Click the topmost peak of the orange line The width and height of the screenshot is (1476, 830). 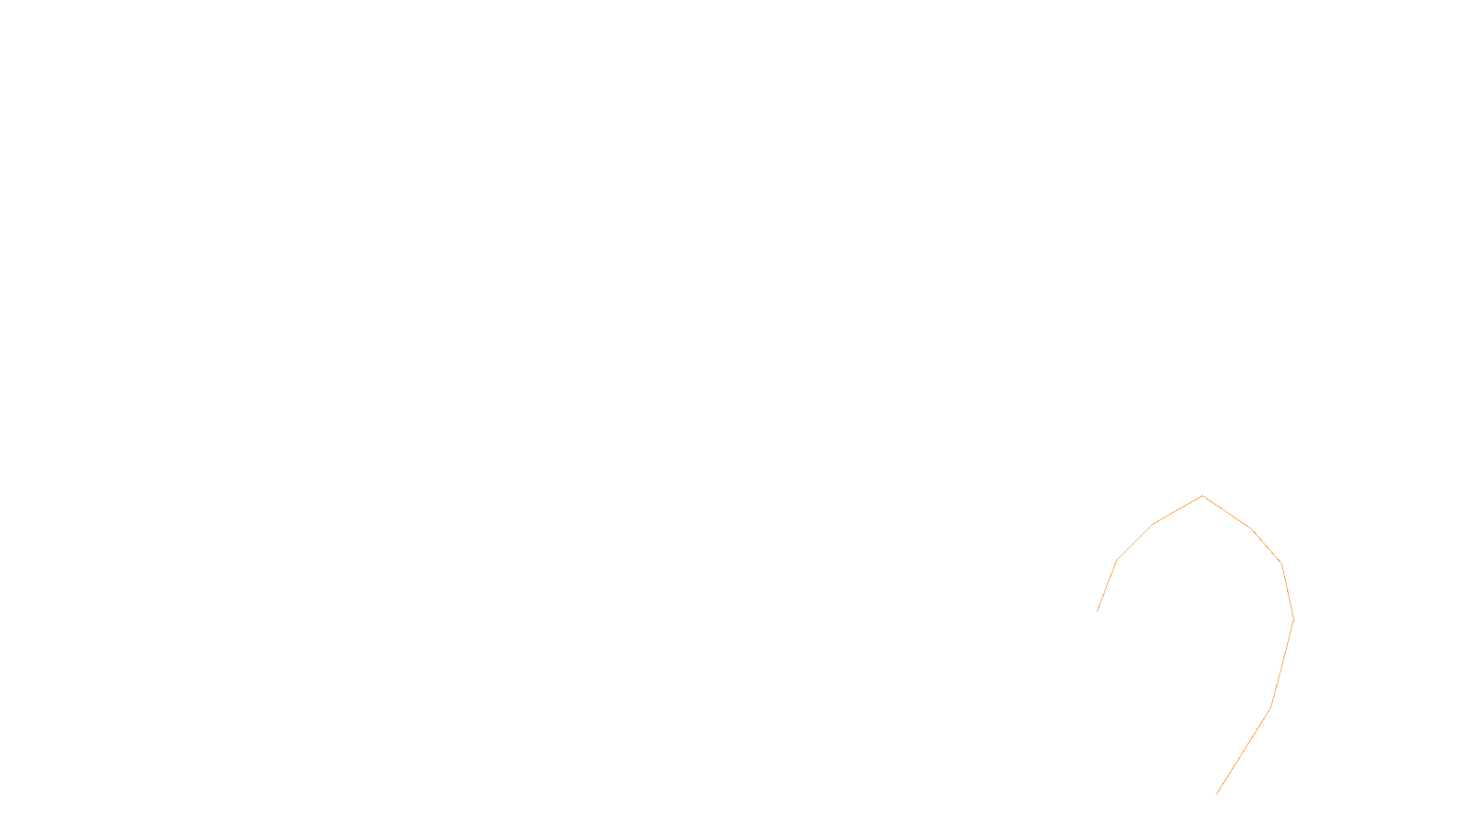pos(1202,496)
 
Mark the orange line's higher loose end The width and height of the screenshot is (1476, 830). pos(1097,611)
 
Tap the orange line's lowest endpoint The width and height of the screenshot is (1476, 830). pos(1217,794)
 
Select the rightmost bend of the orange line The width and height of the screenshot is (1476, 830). pos(1293,619)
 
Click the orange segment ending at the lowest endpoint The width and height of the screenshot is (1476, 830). pos(1244,752)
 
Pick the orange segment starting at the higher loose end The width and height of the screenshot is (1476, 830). pos(1107,586)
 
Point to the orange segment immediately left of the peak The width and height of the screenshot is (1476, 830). pos(1178,510)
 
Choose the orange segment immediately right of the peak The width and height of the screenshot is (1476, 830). pos(1227,513)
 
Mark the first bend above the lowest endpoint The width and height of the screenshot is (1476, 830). pos(1271,708)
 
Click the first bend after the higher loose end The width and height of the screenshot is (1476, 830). pos(1117,560)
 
